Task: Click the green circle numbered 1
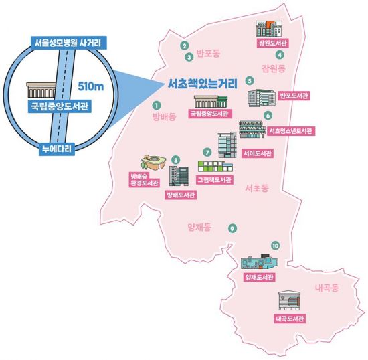(x=157, y=105)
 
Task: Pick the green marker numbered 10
(x=275, y=246)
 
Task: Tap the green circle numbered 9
(x=232, y=228)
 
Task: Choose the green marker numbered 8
(x=175, y=159)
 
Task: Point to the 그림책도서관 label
(x=214, y=180)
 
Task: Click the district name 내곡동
(x=326, y=288)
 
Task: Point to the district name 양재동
(x=199, y=228)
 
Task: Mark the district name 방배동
(x=163, y=117)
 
